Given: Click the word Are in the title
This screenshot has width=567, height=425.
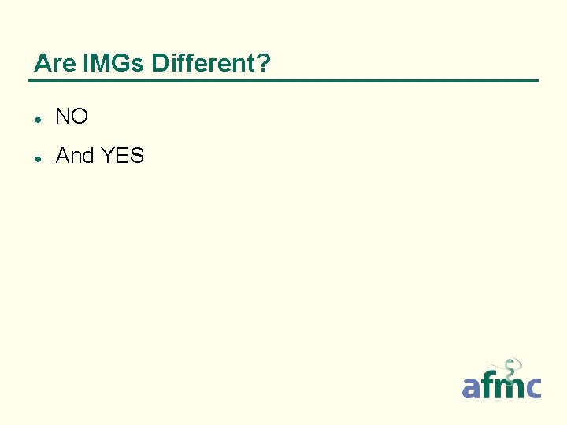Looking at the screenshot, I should point(51,63).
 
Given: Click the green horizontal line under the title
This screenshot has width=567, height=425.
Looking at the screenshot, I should point(283,80).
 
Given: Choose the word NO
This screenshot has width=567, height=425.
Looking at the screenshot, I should point(72,117).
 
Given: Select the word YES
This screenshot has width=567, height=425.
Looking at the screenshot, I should point(123,156).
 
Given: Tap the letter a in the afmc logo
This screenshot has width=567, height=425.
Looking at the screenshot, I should point(471,387).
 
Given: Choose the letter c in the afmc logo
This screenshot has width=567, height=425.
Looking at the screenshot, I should point(533,387).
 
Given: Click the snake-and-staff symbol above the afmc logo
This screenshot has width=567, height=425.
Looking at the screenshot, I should point(511,368).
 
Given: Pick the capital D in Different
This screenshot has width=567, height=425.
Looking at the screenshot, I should point(159,63).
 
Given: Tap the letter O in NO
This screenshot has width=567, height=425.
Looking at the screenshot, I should point(80,117).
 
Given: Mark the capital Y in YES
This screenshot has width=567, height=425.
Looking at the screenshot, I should point(107,156).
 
